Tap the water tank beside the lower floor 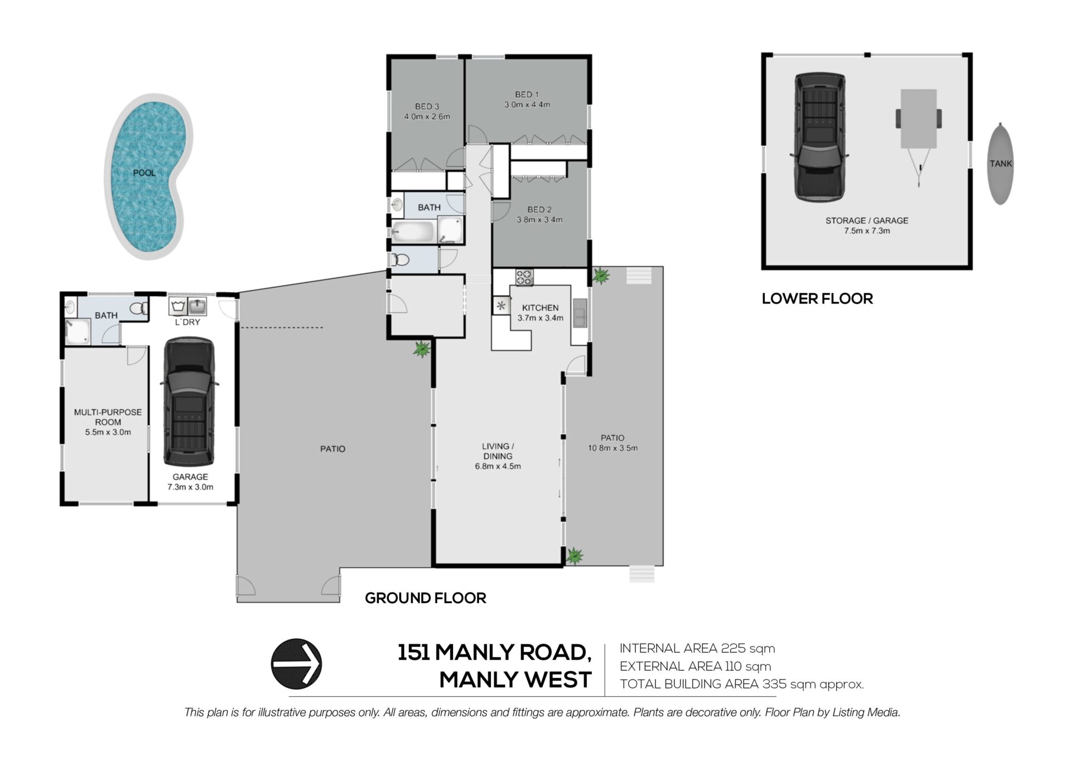[1000, 163]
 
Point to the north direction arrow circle [296, 664]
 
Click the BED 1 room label [527, 94]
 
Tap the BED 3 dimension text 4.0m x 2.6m [427, 117]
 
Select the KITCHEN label [540, 307]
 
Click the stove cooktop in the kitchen [524, 277]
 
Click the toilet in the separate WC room [401, 259]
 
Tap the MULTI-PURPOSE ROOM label [108, 417]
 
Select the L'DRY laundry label [187, 322]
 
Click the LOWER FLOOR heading [817, 298]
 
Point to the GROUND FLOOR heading [426, 598]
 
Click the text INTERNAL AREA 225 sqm [697, 648]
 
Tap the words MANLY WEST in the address [515, 679]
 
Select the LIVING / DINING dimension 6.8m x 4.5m [498, 466]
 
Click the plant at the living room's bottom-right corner [574, 556]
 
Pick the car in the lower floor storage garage [819, 137]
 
